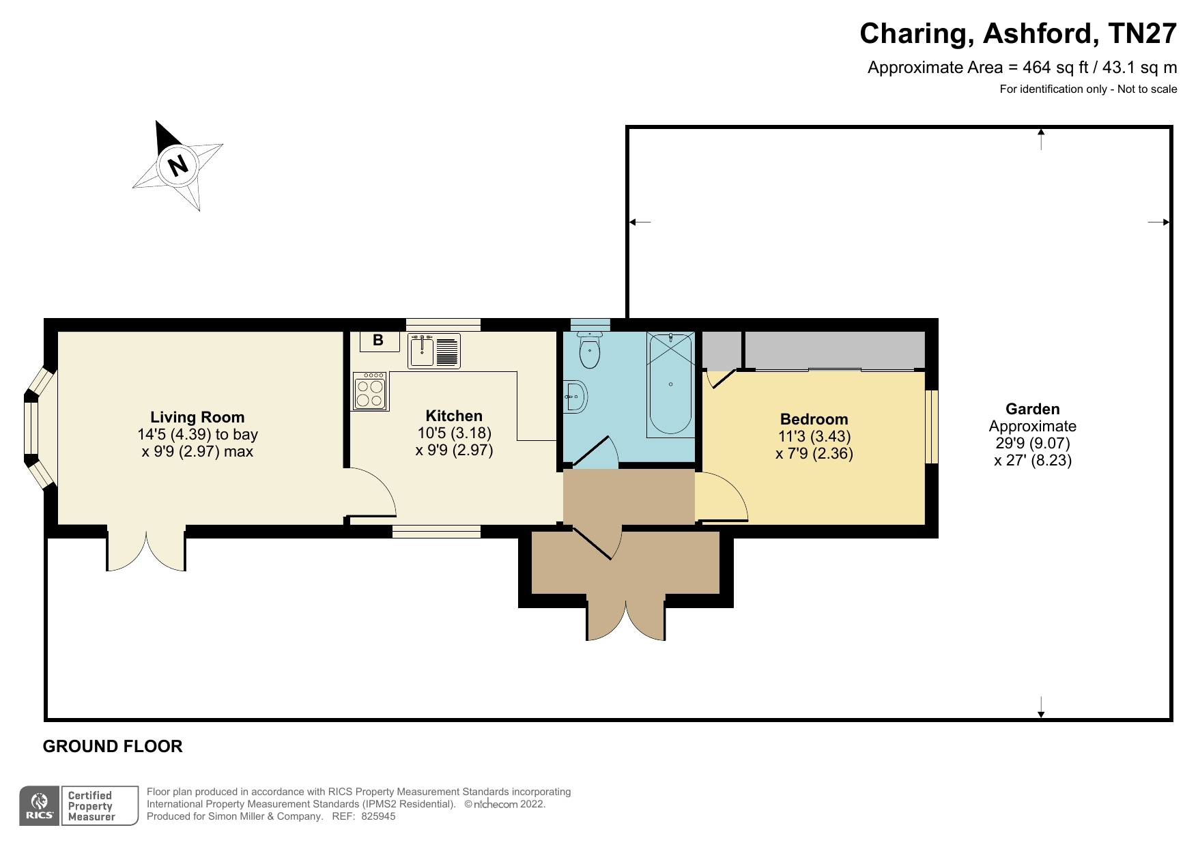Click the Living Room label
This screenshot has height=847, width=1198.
tap(197, 417)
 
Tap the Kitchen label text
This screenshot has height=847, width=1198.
tap(454, 416)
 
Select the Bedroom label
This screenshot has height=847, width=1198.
tap(814, 419)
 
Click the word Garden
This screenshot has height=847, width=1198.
tap(1032, 409)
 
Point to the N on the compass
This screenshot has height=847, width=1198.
tap(178, 165)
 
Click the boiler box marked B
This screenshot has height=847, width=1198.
tap(379, 341)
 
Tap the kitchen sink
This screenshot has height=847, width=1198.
tap(434, 350)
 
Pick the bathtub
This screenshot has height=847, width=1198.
tap(670, 384)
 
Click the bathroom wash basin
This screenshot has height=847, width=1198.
tap(576, 396)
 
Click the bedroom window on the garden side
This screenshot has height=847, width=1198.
tap(932, 427)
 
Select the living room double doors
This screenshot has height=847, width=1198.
tap(146, 550)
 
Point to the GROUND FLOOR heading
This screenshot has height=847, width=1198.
tap(113, 746)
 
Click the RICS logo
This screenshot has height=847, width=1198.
tap(40, 806)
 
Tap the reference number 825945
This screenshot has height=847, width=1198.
tap(378, 816)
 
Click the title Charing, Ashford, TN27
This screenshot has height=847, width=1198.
tap(1018, 33)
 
